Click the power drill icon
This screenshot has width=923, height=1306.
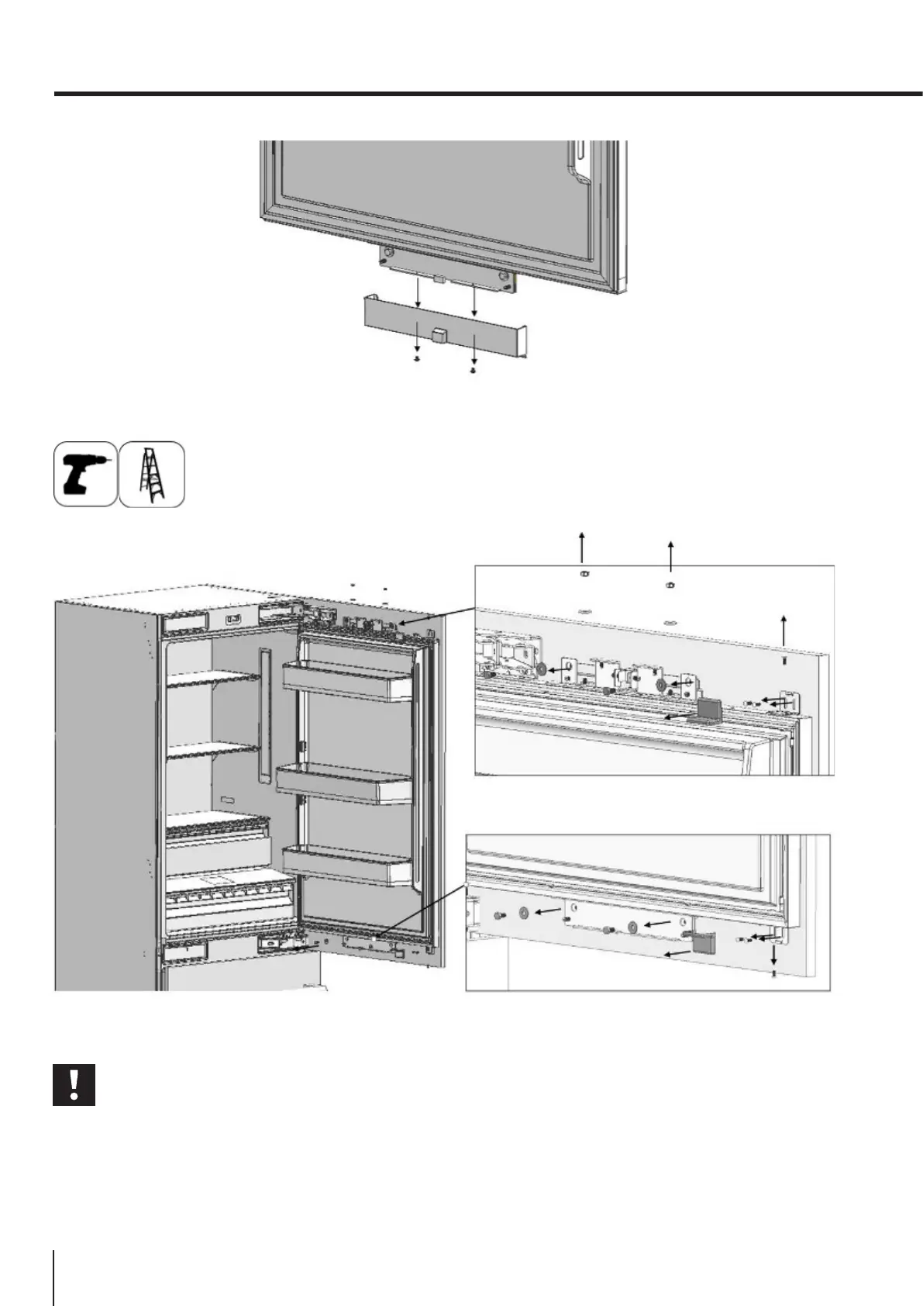[85, 474]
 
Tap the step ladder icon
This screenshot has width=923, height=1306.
[152, 474]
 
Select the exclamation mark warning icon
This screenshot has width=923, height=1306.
[74, 1085]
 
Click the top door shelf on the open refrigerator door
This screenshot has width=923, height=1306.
[347, 682]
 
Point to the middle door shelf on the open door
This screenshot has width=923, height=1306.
[344, 784]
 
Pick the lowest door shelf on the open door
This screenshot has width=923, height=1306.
[346, 865]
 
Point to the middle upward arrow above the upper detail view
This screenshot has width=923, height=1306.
[671, 554]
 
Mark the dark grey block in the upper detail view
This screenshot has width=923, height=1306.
[708, 709]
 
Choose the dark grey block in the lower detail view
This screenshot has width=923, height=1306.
[703, 941]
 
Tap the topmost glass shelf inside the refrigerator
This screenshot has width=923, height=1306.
[212, 679]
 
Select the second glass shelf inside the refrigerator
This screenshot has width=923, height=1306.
[212, 750]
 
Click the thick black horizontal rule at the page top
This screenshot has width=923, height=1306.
[488, 95]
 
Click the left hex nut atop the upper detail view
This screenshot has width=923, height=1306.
[582, 574]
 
